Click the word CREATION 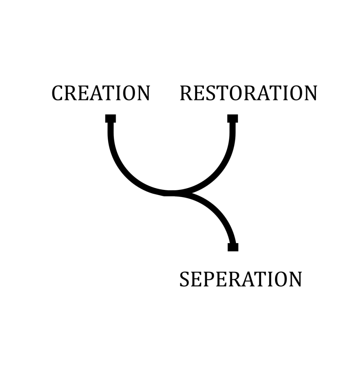(x=101, y=93)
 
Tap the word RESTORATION (x=248, y=93)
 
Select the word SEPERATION (x=240, y=280)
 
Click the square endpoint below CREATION (x=111, y=118)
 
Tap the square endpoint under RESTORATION (x=233, y=118)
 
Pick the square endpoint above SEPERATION (x=233, y=247)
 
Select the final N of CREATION (x=143, y=93)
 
